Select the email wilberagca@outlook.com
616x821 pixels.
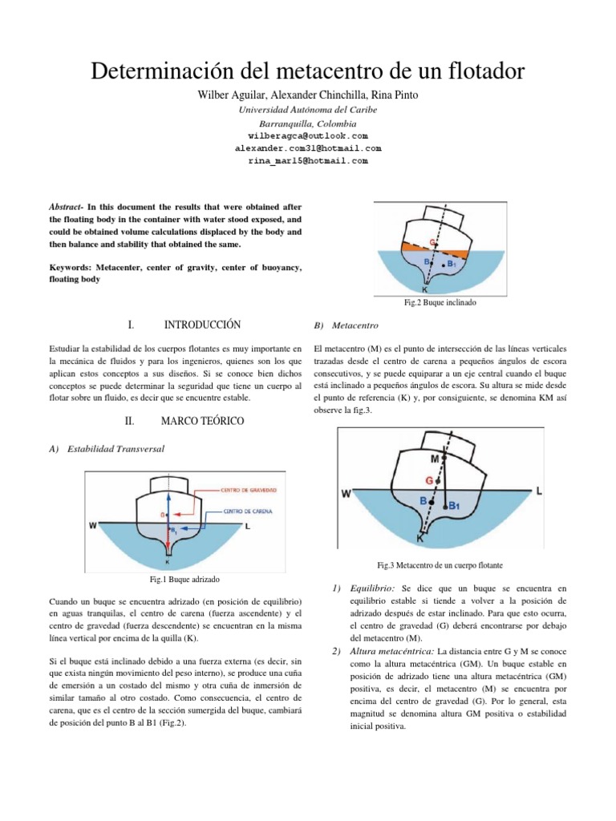click(x=308, y=136)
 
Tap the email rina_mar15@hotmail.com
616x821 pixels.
click(x=308, y=160)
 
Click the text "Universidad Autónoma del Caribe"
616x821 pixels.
click(x=308, y=110)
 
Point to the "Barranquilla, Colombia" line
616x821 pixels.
click(x=308, y=123)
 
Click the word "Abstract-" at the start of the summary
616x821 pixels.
click(x=69, y=206)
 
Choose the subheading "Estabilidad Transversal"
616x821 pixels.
click(x=118, y=449)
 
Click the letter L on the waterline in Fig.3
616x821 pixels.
click(x=538, y=489)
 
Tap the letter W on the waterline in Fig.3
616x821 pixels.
click(x=346, y=494)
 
